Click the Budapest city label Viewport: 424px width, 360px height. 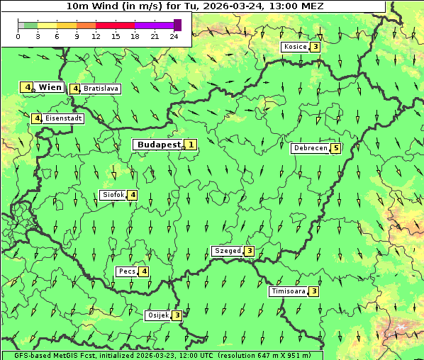click(x=159, y=145)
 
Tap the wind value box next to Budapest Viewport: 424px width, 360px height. click(x=191, y=145)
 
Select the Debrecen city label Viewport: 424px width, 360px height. click(x=310, y=148)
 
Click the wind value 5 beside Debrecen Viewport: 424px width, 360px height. click(x=336, y=148)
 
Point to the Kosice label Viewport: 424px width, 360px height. click(x=294, y=47)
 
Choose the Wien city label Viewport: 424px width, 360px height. click(x=50, y=87)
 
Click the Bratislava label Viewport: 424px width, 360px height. click(x=100, y=89)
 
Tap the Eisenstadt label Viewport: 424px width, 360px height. click(x=63, y=118)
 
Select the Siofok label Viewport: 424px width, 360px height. click(x=113, y=195)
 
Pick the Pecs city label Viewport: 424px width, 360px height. click(x=127, y=271)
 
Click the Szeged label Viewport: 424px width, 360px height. click(x=228, y=251)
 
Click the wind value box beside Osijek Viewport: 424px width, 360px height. click(x=177, y=315)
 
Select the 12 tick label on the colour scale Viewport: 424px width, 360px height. click(x=96, y=36)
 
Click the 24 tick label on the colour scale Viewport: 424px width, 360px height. click(x=174, y=36)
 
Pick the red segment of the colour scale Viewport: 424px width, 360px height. click(x=115, y=25)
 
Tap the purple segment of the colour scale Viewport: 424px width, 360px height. click(x=154, y=25)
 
